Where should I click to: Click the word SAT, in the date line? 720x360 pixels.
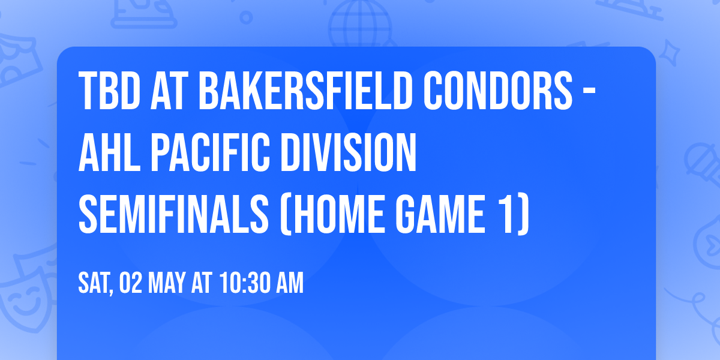96,283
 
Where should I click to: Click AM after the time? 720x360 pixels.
290,283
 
